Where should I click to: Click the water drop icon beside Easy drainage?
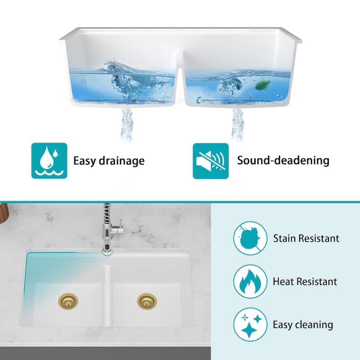click(x=49, y=161)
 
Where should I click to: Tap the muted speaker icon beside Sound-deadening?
click(x=211, y=161)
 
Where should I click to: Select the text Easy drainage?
click(x=109, y=161)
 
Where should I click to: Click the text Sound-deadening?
click(x=283, y=160)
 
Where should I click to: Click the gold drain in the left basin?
click(x=68, y=300)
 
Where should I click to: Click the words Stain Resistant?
click(x=306, y=238)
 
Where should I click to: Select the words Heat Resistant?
click(x=305, y=282)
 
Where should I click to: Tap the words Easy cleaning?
click(x=303, y=324)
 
